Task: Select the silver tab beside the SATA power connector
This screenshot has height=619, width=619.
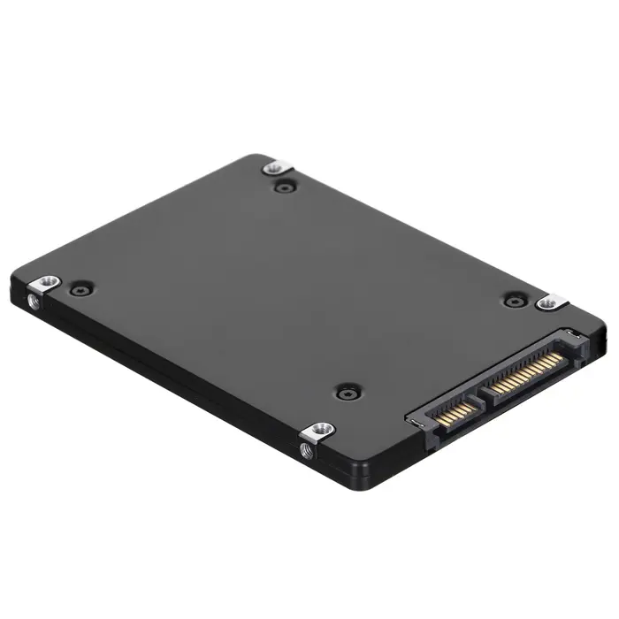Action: tap(550, 303)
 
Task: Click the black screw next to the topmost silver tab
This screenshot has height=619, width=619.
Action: tap(283, 187)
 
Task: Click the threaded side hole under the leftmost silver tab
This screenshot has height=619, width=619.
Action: tap(34, 302)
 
